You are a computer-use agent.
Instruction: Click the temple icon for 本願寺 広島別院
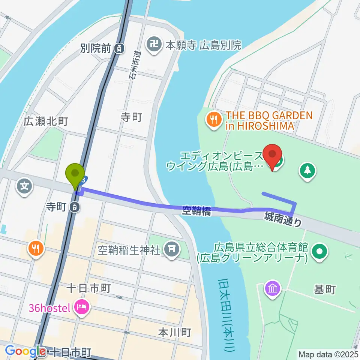pyautogui.click(x=154, y=46)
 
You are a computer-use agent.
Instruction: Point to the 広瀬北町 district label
pyautogui.click(x=46, y=121)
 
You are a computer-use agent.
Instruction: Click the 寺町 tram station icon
pyautogui.click(x=76, y=206)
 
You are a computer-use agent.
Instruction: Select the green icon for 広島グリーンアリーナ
pyautogui.click(x=320, y=252)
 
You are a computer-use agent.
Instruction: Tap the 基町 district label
pyautogui.click(x=325, y=290)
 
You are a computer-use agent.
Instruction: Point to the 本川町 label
pyautogui.click(x=174, y=332)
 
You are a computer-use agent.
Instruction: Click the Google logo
pyautogui.click(x=25, y=351)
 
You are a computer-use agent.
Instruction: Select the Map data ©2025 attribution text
pyautogui.click(x=328, y=354)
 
